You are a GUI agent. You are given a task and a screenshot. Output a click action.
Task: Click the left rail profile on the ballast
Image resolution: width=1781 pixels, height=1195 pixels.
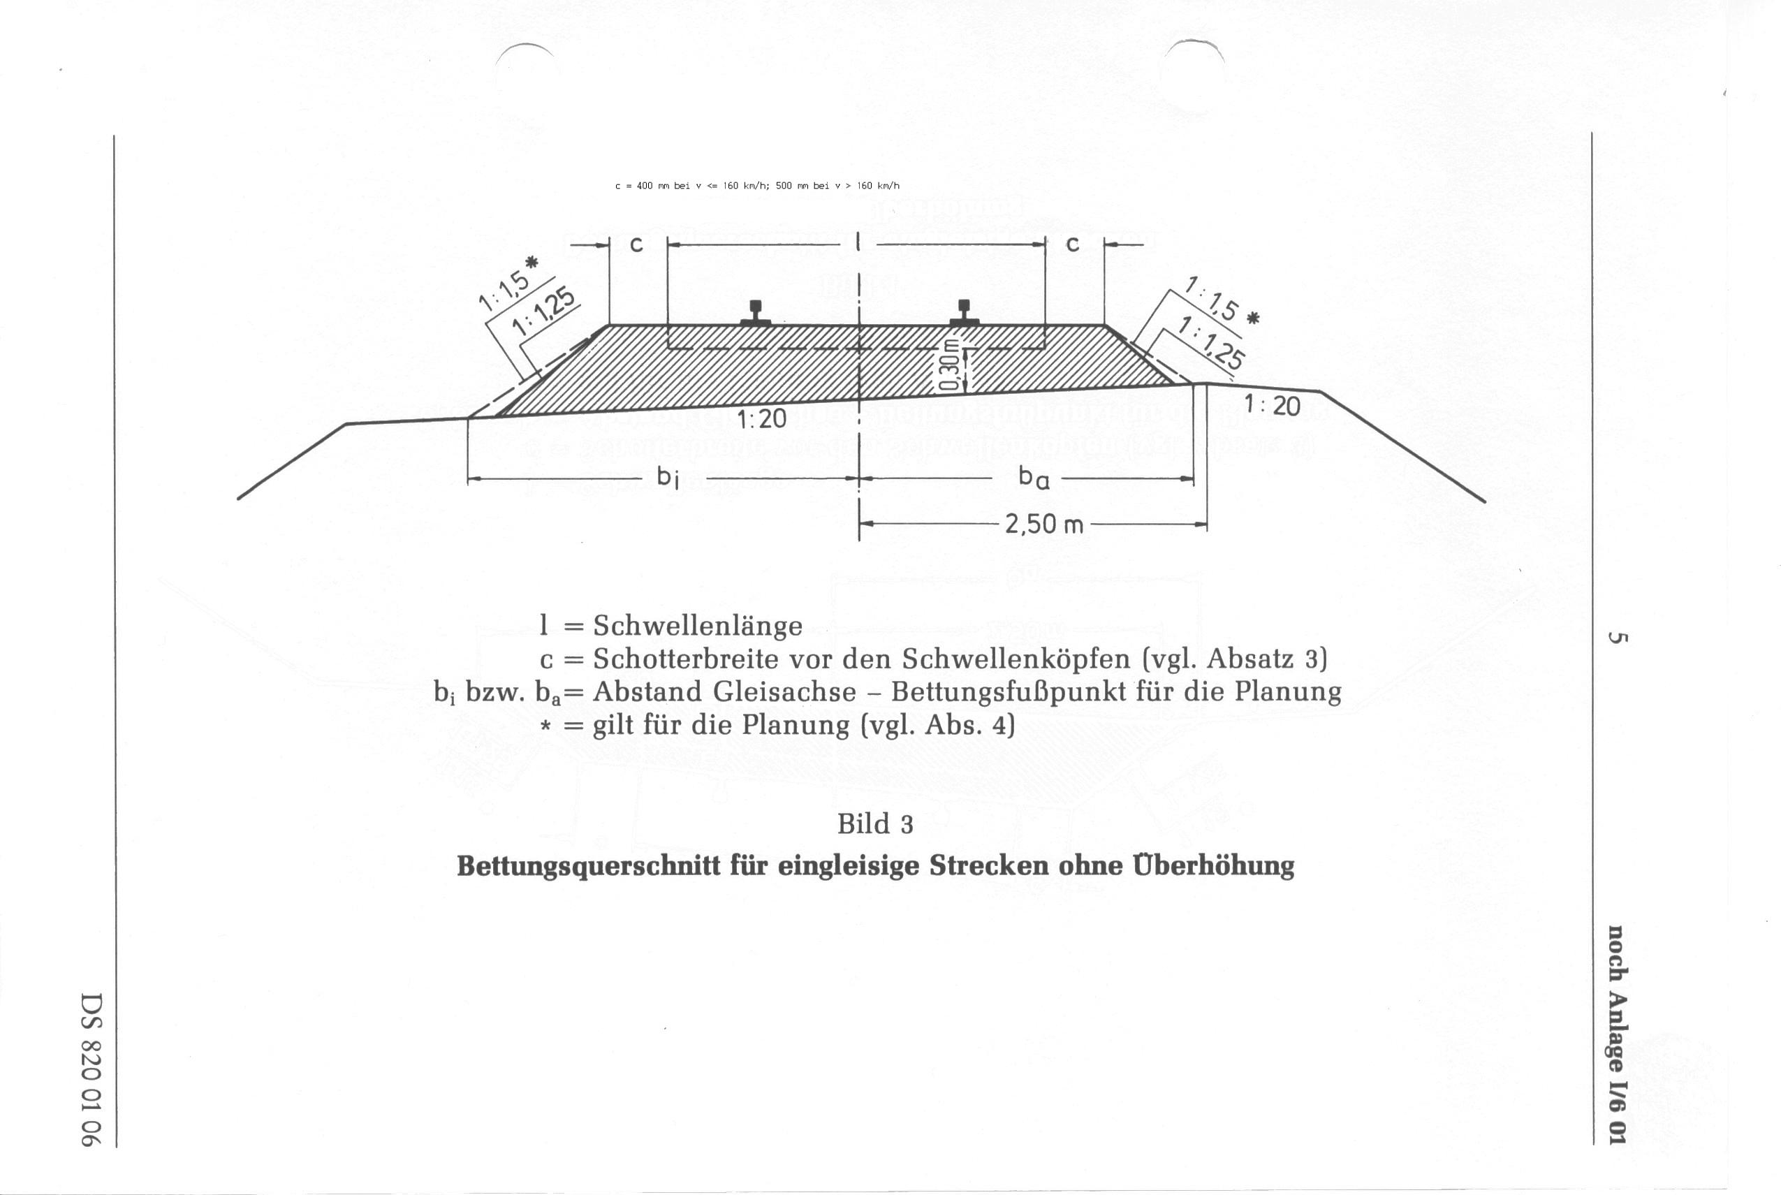coord(755,312)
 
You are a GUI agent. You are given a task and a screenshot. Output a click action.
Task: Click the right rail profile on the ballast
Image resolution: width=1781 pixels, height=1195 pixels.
coord(964,312)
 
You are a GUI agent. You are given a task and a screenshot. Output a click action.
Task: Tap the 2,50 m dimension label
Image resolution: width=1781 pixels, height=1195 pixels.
coord(1043,525)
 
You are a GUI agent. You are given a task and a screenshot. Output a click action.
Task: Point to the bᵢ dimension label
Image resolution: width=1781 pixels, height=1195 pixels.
coord(668,477)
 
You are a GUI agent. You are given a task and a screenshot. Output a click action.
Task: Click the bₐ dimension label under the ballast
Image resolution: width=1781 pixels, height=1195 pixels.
coord(1034,477)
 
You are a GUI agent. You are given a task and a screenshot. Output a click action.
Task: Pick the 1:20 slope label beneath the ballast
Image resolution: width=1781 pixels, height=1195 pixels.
coord(762,418)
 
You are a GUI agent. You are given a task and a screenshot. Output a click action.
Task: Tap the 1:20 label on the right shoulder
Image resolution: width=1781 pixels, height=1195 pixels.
coord(1272,404)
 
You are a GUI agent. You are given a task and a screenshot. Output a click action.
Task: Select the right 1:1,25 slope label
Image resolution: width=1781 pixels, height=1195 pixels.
coord(1212,343)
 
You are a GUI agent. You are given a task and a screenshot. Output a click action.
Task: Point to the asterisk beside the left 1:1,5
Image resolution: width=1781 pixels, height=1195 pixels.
coord(532,263)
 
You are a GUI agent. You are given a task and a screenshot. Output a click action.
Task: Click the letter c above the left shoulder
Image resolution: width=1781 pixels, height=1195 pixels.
coord(637,244)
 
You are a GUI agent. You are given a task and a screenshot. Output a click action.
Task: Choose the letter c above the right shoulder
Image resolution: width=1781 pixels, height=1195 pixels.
coord(1072,244)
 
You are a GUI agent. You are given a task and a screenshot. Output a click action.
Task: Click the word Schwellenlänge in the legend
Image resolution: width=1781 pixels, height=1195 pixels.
coord(697,626)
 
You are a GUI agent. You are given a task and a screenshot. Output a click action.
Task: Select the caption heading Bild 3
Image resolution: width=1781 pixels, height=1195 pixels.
coord(875,824)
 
